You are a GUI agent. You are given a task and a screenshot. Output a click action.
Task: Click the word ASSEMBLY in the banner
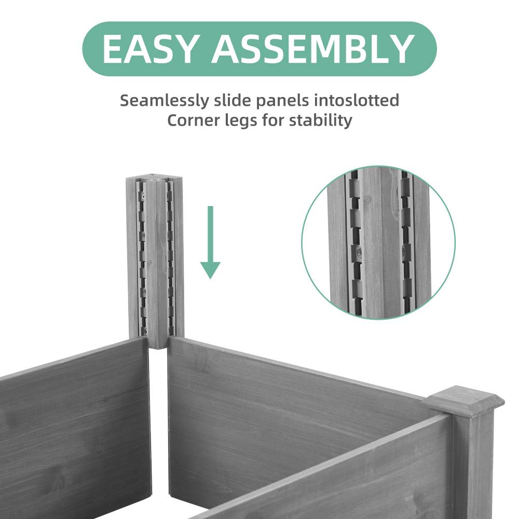coord(312,49)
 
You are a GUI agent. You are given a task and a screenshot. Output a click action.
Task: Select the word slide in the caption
coord(227,100)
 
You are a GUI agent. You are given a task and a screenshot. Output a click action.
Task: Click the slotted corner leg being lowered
coord(155,259)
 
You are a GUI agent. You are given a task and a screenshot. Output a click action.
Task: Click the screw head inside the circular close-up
coord(359,253)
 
